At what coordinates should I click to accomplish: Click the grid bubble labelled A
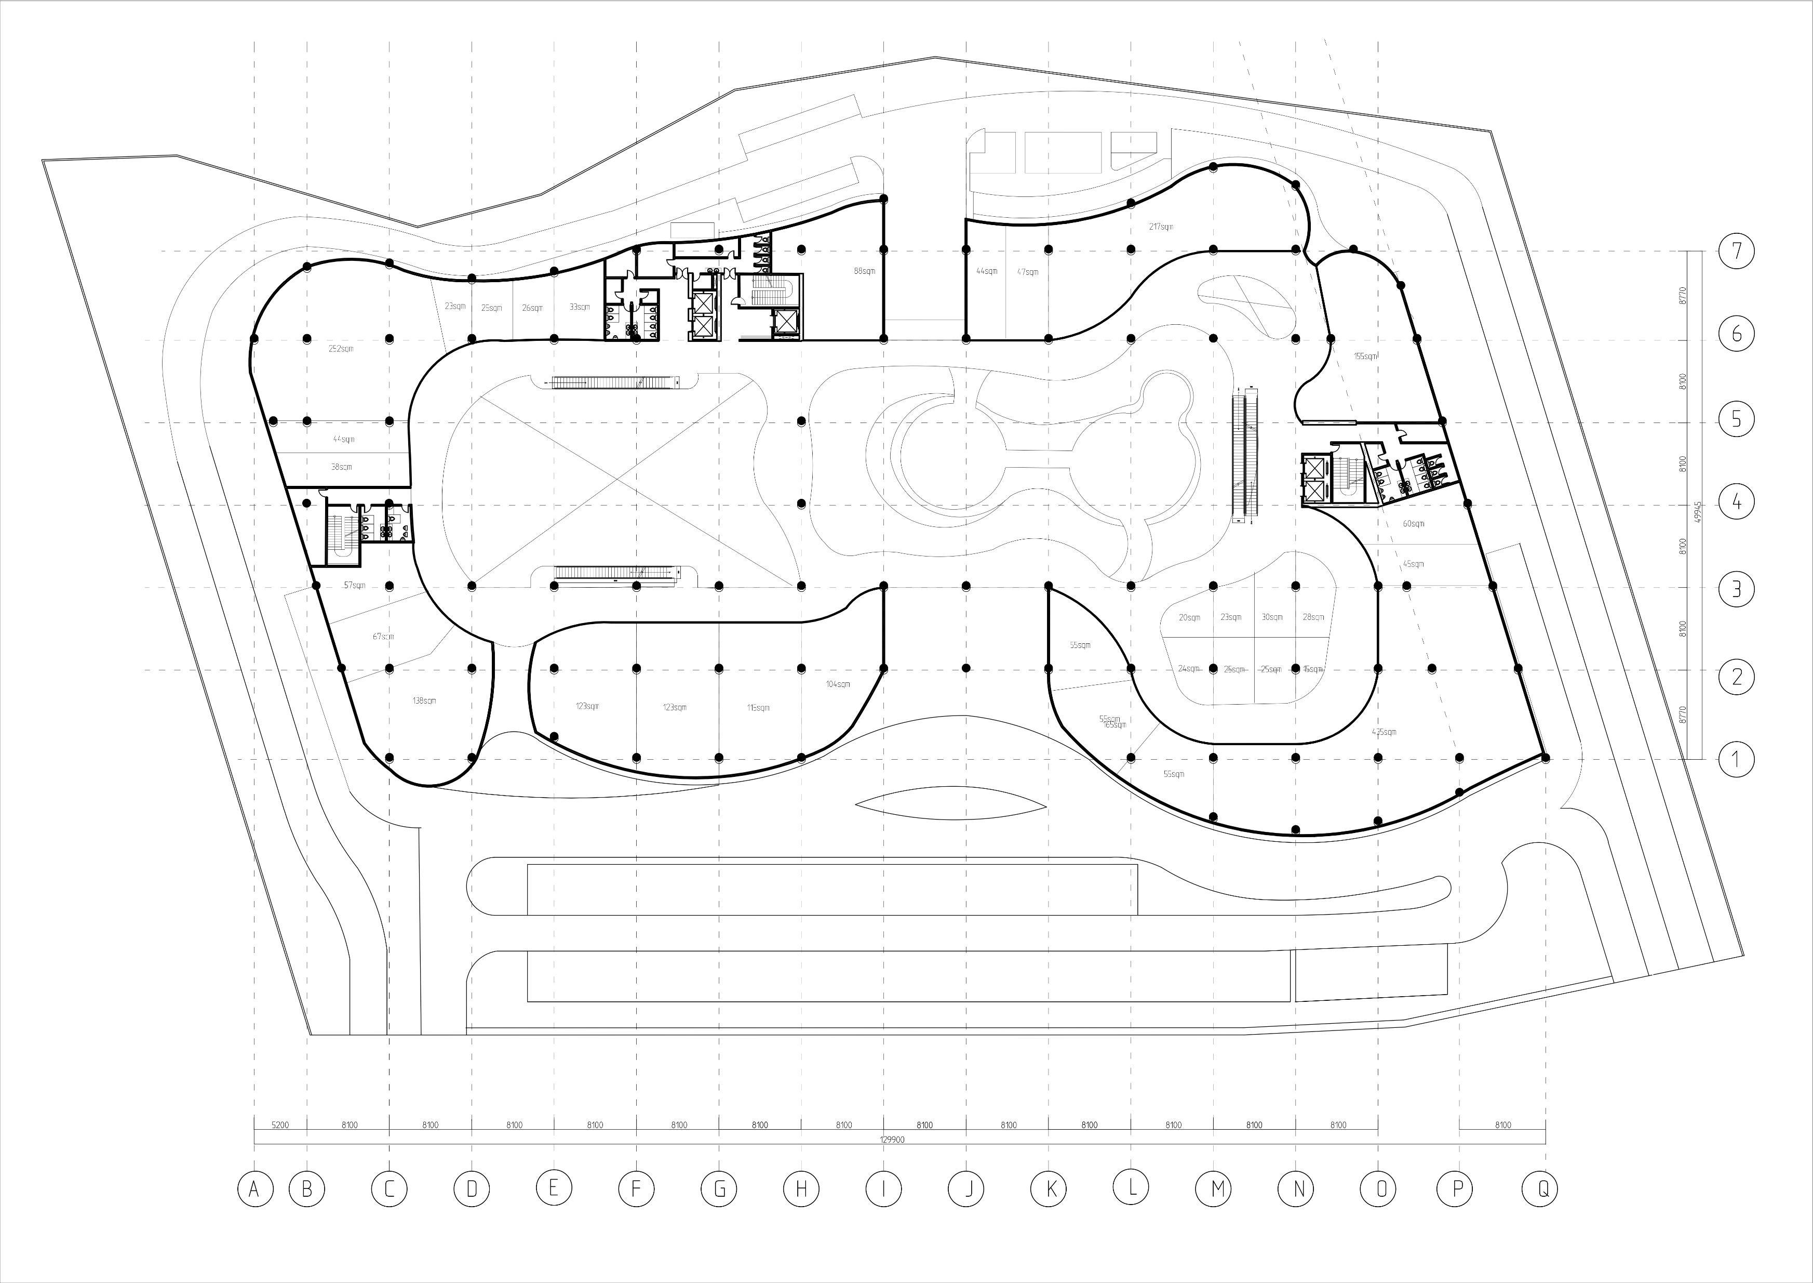click(254, 1188)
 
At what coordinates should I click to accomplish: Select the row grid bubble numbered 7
click(1736, 251)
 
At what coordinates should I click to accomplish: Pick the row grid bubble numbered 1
click(1736, 759)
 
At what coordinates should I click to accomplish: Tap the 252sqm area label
click(341, 348)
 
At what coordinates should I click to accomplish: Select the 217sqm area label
click(1161, 227)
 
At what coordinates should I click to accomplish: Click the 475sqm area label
click(1384, 732)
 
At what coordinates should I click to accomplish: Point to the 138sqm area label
click(424, 701)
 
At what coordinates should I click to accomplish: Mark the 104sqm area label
click(838, 684)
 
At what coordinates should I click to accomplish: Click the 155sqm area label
click(1365, 356)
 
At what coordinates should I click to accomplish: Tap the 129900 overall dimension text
click(892, 1140)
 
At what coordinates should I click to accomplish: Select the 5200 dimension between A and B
click(279, 1125)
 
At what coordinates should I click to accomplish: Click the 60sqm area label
click(1414, 524)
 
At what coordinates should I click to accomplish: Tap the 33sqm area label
click(580, 307)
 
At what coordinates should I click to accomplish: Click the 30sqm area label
click(1271, 617)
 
